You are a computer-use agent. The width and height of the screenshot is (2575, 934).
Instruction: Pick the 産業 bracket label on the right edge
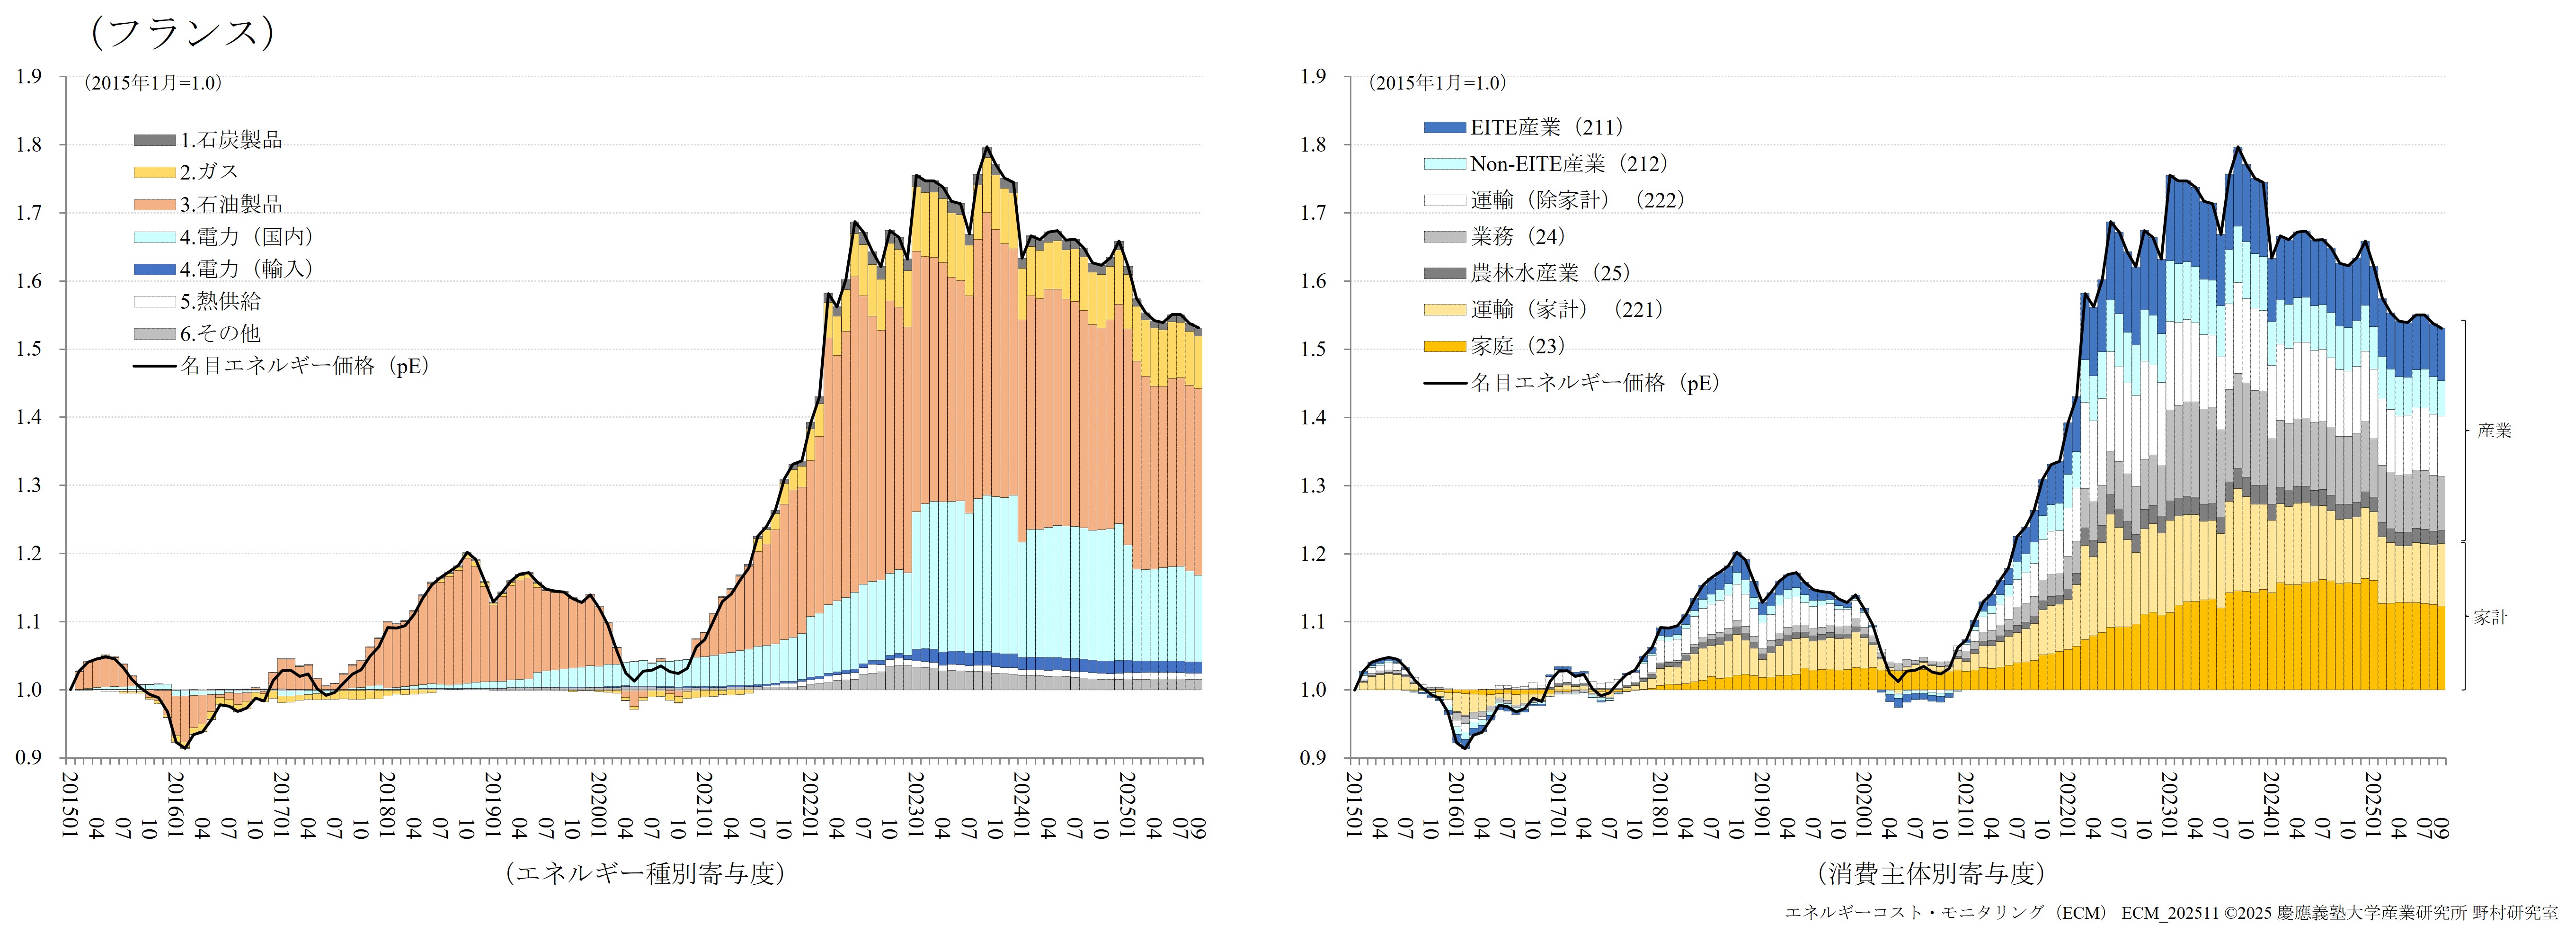[x=2494, y=431]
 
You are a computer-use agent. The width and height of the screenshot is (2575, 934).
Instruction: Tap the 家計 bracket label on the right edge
[x=2490, y=617]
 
